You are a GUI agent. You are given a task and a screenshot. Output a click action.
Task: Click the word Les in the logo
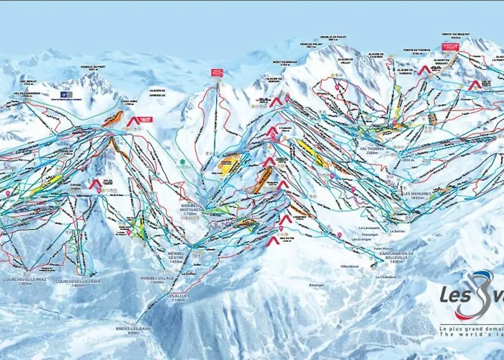point(456,295)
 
